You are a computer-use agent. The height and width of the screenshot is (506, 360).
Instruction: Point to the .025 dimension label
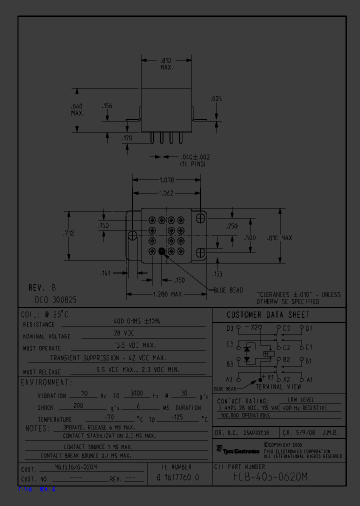click(x=216, y=99)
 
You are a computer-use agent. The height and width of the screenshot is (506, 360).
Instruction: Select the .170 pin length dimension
click(x=127, y=137)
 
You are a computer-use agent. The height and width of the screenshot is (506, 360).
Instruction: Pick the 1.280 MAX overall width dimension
click(x=166, y=294)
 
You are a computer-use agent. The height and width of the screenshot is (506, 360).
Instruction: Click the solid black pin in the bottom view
click(x=161, y=252)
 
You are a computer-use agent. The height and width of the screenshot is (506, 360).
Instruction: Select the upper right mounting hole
click(x=201, y=218)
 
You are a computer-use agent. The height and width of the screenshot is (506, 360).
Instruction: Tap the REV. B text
click(x=42, y=288)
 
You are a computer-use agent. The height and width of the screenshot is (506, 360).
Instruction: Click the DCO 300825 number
click(x=55, y=300)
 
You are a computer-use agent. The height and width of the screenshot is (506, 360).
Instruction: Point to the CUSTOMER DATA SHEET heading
click(x=268, y=315)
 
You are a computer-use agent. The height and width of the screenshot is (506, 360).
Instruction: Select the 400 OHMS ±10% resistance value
click(x=137, y=321)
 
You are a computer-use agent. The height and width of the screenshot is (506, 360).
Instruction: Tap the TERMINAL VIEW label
click(x=278, y=386)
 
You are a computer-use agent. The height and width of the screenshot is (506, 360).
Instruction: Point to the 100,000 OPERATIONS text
click(x=245, y=415)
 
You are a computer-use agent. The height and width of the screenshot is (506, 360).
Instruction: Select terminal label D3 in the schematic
click(x=229, y=328)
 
